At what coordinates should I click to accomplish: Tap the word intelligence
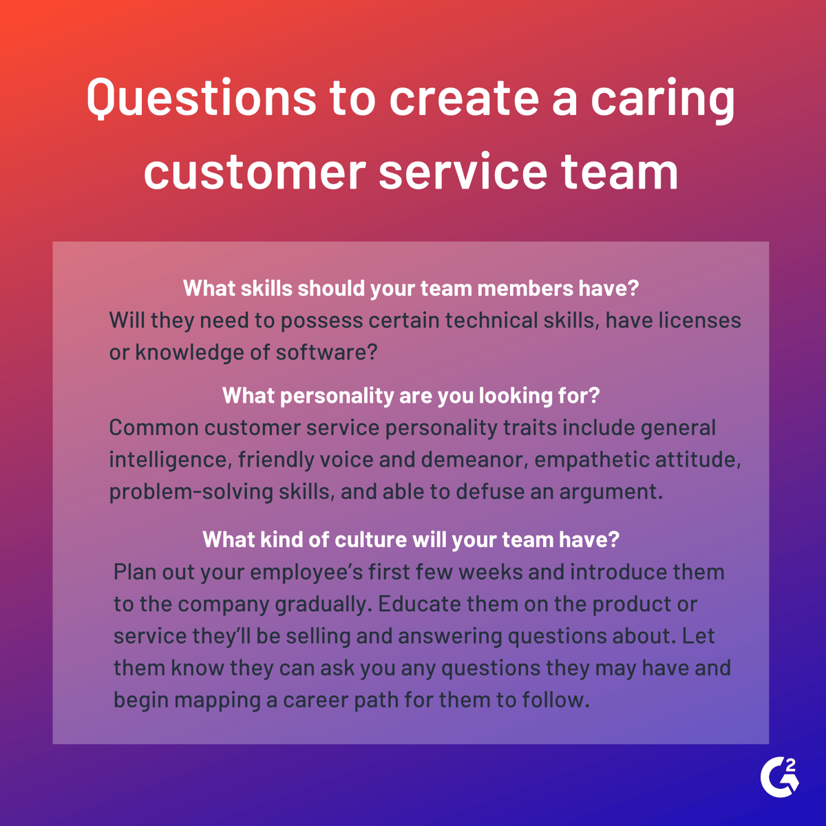tap(168, 460)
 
